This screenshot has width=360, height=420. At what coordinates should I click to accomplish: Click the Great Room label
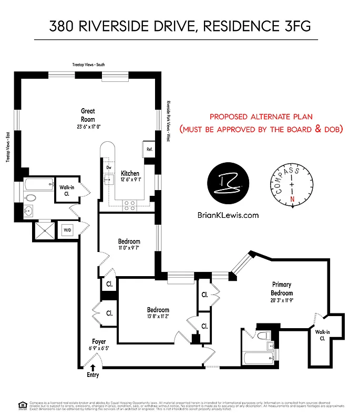pyautogui.click(x=88, y=114)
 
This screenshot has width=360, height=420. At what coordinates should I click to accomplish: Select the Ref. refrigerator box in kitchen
pyautogui.click(x=149, y=149)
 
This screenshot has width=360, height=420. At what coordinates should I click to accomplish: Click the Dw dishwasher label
pyautogui.click(x=109, y=167)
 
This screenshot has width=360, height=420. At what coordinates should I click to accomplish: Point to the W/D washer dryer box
pyautogui.click(x=67, y=230)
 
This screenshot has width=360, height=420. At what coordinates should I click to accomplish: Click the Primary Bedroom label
pyautogui.click(x=282, y=289)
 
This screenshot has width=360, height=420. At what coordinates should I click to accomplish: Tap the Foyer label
pyautogui.click(x=99, y=342)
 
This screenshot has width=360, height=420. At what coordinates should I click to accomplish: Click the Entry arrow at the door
pyautogui.click(x=94, y=368)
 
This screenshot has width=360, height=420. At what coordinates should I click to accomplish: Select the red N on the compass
pyautogui.click(x=292, y=198)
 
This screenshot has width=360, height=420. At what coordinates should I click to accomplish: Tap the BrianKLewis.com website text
pyautogui.click(x=227, y=215)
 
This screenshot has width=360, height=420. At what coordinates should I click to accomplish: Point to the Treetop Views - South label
pyautogui.click(x=88, y=65)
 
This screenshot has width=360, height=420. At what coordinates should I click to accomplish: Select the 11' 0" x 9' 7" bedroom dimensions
pyautogui.click(x=129, y=249)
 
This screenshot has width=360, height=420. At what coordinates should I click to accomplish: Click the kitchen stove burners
pyautogui.click(x=129, y=206)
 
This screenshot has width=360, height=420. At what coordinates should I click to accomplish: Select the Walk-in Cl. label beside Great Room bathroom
pyautogui.click(x=67, y=190)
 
